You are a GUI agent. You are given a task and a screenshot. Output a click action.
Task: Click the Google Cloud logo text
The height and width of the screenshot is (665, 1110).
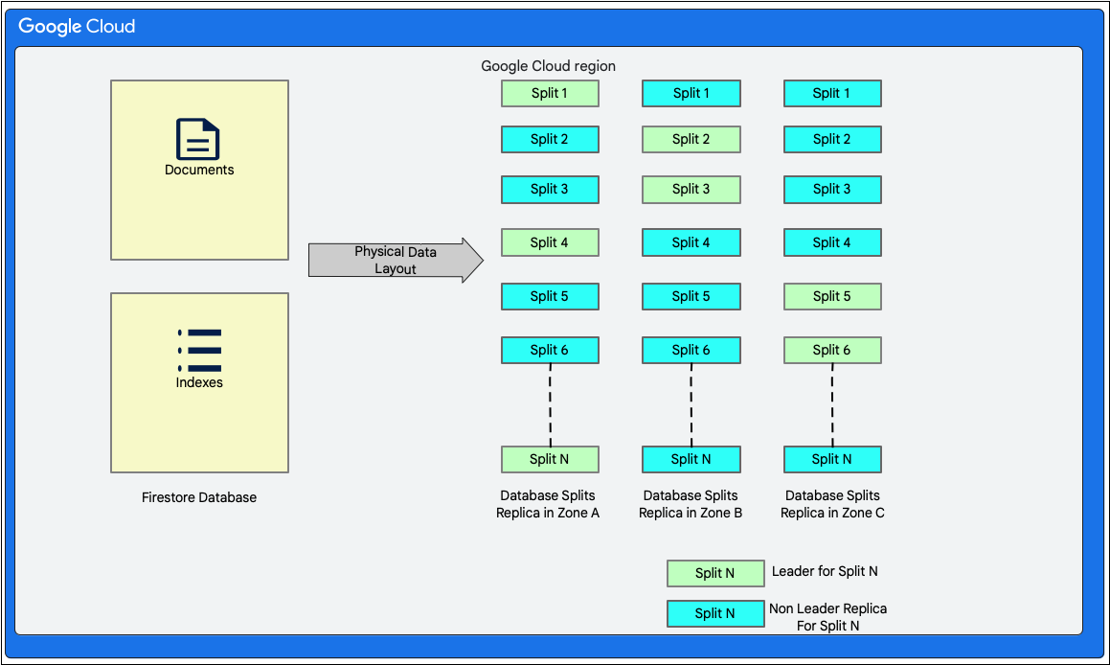78,26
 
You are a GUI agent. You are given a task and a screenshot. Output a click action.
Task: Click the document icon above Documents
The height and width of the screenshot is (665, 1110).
198,139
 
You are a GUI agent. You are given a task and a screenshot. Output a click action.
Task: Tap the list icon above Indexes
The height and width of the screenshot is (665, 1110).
199,351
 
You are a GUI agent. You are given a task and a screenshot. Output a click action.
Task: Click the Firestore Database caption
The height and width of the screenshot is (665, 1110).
199,497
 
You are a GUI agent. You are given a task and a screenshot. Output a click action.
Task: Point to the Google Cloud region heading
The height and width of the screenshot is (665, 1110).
548,66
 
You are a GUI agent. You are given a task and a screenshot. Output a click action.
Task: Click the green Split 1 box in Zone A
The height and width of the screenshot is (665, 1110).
550,93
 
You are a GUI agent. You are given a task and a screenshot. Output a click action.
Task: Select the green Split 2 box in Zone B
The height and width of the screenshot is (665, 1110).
691,139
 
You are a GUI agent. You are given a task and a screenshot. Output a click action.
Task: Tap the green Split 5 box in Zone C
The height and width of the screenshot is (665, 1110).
832,296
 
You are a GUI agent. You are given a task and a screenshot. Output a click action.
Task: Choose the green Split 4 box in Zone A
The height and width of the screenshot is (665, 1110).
550,242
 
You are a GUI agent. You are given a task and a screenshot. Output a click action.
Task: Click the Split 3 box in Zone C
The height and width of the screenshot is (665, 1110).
832,189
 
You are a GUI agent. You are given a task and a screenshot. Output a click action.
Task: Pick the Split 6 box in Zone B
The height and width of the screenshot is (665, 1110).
691,350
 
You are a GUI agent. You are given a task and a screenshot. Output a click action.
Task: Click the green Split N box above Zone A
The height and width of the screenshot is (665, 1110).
550,459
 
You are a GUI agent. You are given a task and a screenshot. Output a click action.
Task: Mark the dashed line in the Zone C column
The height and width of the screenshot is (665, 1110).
832,404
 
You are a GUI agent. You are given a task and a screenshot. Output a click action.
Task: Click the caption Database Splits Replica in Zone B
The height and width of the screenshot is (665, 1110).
691,504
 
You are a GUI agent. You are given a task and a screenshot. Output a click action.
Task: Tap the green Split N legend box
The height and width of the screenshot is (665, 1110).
715,573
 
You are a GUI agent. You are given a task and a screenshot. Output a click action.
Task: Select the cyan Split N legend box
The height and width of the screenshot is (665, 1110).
715,613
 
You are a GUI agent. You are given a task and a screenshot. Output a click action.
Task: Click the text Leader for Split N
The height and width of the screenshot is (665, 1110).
825,571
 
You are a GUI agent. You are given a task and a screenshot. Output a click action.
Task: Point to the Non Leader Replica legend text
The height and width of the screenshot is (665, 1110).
827,617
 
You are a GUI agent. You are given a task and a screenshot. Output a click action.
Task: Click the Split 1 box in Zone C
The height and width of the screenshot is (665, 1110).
832,93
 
